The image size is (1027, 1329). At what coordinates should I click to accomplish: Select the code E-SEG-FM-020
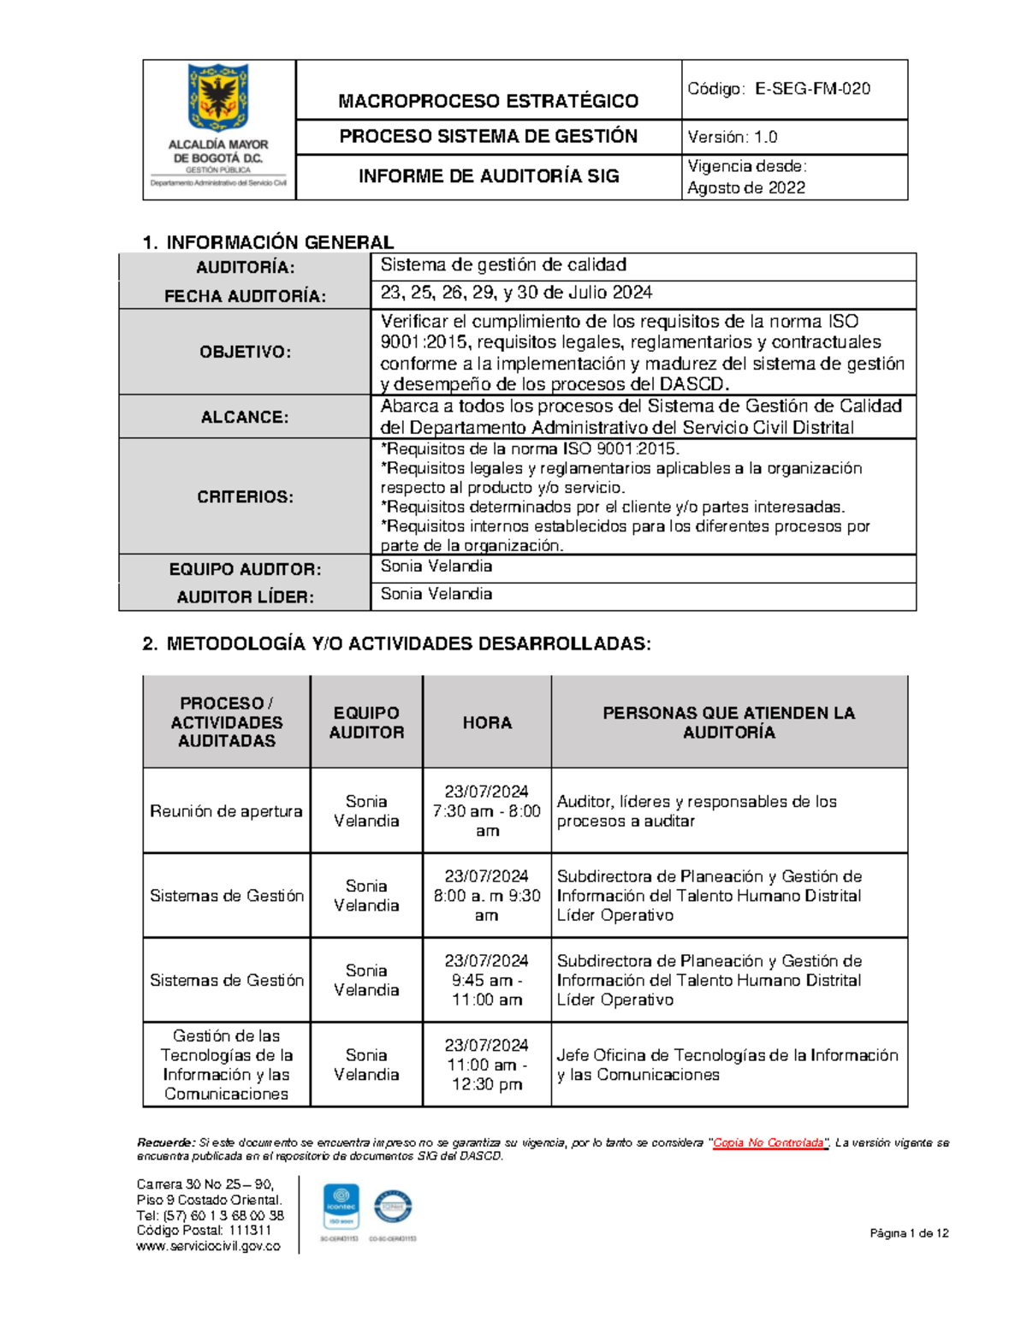(812, 89)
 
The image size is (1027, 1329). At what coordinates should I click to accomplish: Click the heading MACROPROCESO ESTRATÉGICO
(488, 101)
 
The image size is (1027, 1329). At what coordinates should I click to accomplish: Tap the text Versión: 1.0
(733, 137)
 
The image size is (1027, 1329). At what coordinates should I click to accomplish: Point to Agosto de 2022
(745, 187)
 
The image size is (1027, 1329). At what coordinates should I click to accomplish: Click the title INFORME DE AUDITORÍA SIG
(488, 176)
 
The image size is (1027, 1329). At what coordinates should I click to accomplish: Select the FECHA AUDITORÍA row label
(245, 296)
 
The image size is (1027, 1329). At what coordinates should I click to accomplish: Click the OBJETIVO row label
(245, 352)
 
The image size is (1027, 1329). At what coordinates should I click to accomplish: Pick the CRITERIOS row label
(245, 496)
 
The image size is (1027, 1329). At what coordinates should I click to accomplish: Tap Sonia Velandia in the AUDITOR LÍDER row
(436, 594)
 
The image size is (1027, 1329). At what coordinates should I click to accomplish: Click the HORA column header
(487, 722)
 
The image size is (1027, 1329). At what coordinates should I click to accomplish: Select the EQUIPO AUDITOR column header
(366, 722)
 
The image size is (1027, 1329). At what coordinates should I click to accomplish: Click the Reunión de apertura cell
(226, 810)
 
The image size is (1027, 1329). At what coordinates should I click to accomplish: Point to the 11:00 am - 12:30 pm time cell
(487, 1065)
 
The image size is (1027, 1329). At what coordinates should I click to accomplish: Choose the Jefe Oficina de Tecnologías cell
(727, 1065)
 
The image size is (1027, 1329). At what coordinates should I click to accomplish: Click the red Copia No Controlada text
(769, 1142)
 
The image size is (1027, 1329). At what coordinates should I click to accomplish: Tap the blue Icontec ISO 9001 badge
(341, 1207)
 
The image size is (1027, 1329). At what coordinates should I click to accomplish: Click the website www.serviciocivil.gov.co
(208, 1246)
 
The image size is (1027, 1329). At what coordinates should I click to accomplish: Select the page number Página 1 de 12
(909, 1233)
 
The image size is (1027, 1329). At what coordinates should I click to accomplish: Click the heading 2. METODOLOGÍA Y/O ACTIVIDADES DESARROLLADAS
(396, 644)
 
